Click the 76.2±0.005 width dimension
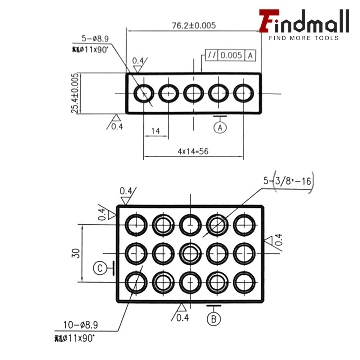[194, 26]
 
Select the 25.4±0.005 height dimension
[75, 93]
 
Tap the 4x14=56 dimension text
[193, 152]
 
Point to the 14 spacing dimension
[155, 131]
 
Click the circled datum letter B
[214, 319]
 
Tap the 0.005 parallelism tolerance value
[231, 55]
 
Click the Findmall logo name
[304, 22]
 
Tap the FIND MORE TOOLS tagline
[304, 38]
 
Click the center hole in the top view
[194, 93]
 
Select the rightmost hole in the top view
[244, 93]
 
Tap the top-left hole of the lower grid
[136, 225]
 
